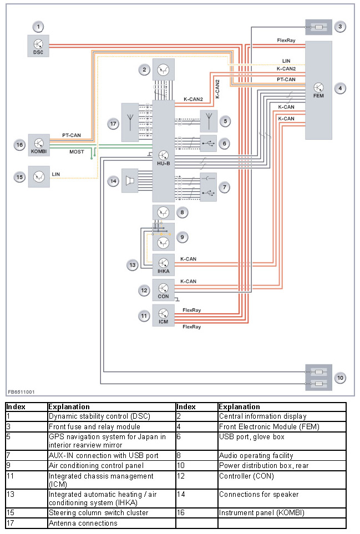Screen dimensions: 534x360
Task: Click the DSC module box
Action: (38, 45)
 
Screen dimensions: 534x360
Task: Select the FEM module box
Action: (318, 90)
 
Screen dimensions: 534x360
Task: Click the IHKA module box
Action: (163, 265)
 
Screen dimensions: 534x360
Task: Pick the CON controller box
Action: (163, 289)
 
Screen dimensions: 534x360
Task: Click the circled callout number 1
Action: (38, 26)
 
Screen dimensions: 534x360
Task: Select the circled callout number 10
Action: (341, 377)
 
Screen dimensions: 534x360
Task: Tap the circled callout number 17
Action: (114, 124)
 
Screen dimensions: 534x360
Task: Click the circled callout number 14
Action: (113, 181)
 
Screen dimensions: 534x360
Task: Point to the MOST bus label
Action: (77, 151)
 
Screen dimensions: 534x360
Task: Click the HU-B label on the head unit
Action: (163, 164)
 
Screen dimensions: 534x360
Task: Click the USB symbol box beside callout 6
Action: (208, 144)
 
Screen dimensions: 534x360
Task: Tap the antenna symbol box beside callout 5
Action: (208, 120)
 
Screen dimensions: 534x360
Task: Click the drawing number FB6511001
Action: (22, 391)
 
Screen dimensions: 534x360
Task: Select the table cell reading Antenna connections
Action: (111, 523)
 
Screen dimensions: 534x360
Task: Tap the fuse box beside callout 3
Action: (318, 27)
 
